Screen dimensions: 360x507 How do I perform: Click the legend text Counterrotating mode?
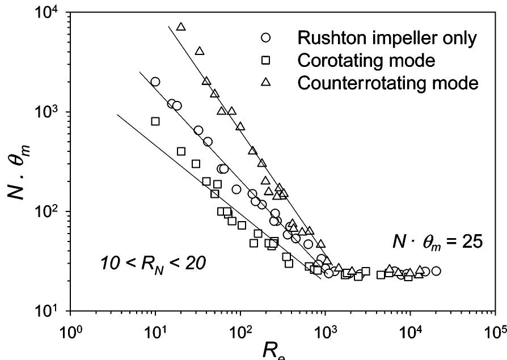pyautogui.click(x=388, y=83)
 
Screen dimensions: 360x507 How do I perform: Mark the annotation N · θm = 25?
pyautogui.click(x=438, y=242)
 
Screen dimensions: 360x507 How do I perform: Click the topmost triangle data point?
pyautogui.click(x=181, y=27)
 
